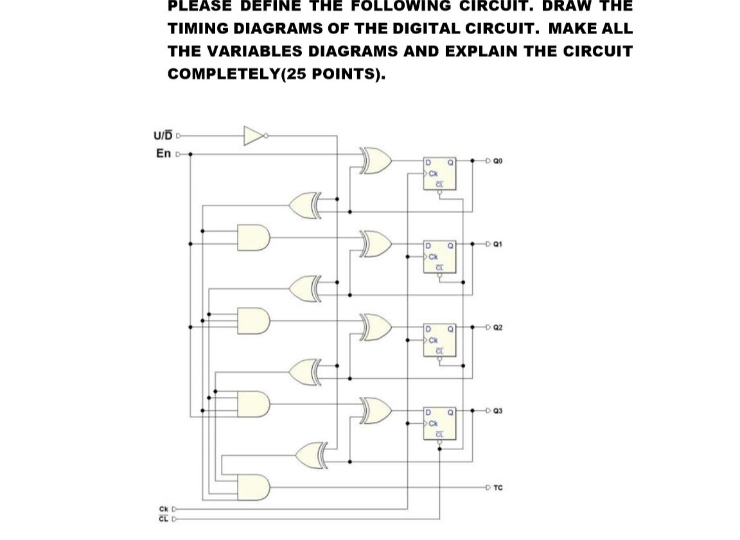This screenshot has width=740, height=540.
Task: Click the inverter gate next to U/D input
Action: [254, 135]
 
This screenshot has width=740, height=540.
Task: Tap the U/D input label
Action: [163, 135]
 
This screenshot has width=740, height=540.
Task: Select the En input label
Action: [164, 153]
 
